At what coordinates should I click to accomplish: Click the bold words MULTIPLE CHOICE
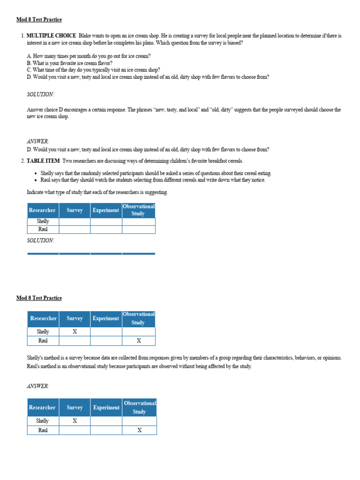point(51,36)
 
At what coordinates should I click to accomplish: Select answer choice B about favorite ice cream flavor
point(70,63)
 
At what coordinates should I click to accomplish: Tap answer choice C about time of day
point(93,70)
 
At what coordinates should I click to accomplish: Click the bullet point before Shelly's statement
point(37,173)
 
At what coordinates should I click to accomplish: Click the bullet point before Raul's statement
point(37,180)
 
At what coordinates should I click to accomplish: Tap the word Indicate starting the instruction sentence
point(37,193)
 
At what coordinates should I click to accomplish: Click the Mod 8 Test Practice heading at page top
point(39,20)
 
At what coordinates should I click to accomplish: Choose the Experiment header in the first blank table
point(105,210)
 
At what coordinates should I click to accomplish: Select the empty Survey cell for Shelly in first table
point(75,221)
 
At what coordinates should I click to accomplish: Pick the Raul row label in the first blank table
point(43,229)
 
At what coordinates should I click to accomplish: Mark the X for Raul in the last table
point(139,430)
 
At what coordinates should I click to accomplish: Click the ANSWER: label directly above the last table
point(38,386)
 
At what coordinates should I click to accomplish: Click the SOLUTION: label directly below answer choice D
point(40,94)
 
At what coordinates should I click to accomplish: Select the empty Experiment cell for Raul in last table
point(106,430)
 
